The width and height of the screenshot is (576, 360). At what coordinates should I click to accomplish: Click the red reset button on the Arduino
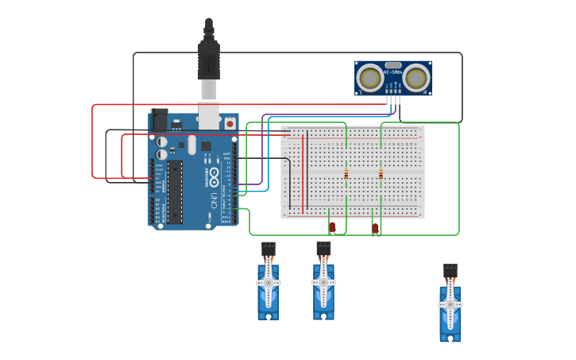230,123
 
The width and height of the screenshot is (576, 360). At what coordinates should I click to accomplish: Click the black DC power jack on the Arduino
159,119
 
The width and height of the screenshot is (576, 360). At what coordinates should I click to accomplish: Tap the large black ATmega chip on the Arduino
174,192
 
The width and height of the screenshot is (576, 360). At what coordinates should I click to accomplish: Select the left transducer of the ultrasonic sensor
369,78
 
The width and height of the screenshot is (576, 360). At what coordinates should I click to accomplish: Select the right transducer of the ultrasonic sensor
416,78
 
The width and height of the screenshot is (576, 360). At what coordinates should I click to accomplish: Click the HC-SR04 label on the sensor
393,72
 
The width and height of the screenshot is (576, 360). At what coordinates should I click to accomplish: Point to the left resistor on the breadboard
346,174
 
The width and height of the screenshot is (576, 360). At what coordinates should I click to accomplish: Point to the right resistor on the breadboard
381,174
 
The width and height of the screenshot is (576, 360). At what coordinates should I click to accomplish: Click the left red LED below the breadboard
332,227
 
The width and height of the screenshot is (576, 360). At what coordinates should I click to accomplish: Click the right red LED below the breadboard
375,228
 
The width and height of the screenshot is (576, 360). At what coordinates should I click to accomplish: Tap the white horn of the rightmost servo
450,304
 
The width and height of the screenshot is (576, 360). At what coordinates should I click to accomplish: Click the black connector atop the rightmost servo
450,269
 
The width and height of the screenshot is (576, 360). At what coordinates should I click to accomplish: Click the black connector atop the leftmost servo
269,247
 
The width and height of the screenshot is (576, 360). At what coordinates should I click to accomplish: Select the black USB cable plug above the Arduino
209,60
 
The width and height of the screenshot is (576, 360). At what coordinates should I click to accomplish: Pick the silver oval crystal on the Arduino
192,144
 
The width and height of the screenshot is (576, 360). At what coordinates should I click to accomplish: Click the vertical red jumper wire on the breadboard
303,170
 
